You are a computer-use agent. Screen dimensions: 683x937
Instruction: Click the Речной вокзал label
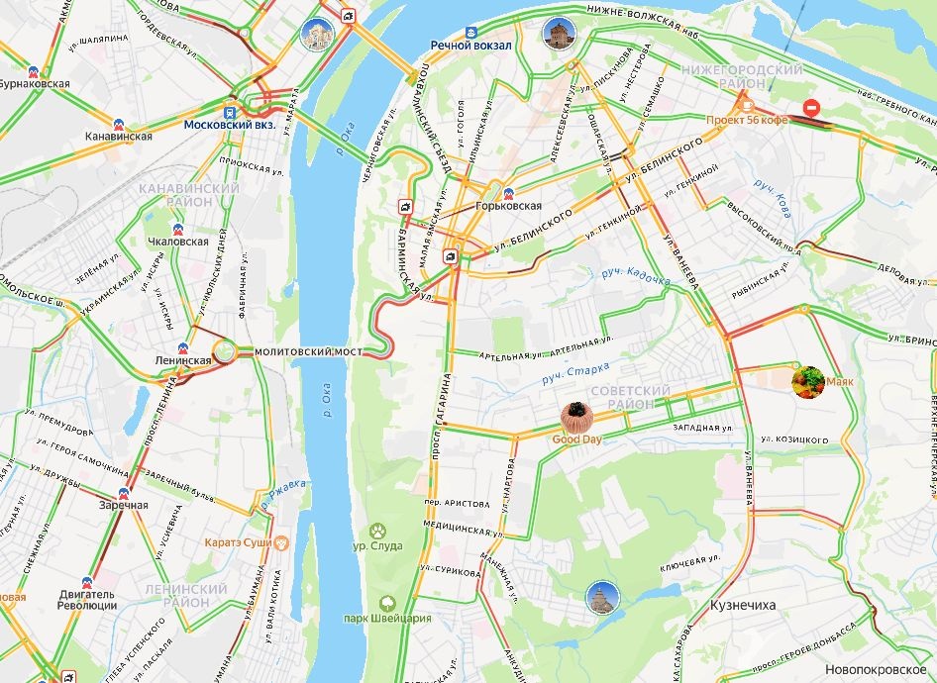[470, 46]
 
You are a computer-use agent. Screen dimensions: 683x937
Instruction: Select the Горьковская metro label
[508, 206]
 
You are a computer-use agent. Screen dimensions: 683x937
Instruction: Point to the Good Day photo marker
[575, 414]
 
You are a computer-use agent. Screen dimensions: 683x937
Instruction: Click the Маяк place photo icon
[808, 381]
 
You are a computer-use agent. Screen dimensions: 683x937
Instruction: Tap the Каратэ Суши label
[240, 542]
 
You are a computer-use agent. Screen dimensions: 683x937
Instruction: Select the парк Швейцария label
[388, 619]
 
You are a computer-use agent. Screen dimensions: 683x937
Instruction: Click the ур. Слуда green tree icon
[377, 531]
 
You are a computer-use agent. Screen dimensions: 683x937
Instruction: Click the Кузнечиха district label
[743, 604]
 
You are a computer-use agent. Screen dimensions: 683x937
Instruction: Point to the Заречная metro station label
[123, 505]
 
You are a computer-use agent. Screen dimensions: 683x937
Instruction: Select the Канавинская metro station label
[118, 136]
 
